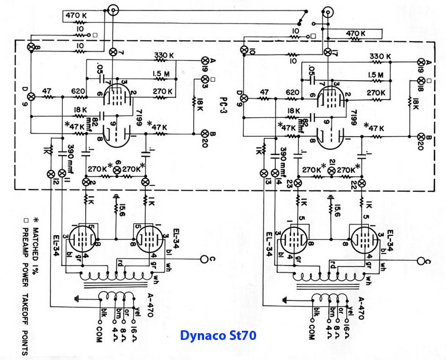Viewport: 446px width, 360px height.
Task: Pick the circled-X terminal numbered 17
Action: [x=327, y=52]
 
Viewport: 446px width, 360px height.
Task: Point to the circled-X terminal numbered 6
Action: [x=118, y=171]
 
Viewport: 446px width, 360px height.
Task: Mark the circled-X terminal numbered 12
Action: [x=50, y=173]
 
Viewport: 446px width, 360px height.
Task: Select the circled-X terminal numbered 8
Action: [x=31, y=46]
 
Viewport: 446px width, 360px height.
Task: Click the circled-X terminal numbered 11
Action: [x=62, y=173]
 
